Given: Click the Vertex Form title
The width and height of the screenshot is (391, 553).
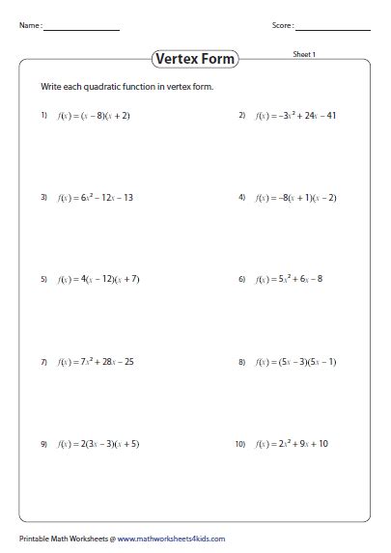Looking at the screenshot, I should pos(196,59).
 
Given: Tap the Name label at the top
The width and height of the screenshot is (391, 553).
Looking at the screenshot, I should pos(30,27).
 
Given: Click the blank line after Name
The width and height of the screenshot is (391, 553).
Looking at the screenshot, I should pos(82,30).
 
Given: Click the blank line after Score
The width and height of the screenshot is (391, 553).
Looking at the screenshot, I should pos(333,30).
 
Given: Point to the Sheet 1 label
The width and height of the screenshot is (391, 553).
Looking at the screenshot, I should pos(304,55).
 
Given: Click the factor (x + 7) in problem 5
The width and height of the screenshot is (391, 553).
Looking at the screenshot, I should pos(127,280).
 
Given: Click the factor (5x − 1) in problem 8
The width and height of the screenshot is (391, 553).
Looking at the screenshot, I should pos(321,362).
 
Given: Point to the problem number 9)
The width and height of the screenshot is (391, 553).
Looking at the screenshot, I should pos(43,444).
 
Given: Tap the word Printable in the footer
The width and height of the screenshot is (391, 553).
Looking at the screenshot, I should pos(36,539).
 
